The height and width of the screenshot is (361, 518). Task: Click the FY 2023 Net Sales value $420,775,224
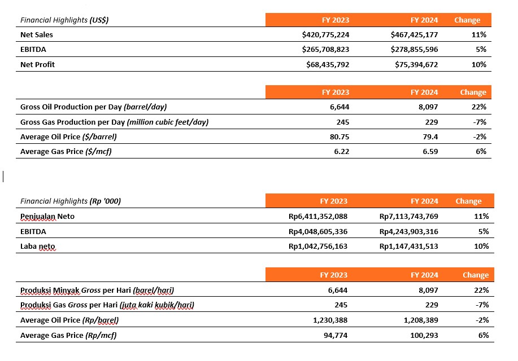point(325,34)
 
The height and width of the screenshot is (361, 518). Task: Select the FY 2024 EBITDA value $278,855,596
point(414,50)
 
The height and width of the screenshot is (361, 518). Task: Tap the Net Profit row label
point(37,64)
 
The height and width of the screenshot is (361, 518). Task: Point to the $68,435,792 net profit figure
point(328,64)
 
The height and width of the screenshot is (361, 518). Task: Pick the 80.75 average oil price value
point(339,137)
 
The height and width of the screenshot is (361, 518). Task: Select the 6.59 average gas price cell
point(430,152)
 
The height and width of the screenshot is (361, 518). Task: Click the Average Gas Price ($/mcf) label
point(66,152)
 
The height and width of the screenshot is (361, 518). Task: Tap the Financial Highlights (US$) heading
point(64,20)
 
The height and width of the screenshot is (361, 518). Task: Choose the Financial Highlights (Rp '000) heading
point(71,201)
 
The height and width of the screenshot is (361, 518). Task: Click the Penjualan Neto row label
point(47,217)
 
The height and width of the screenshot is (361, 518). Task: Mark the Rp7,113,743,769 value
point(408,217)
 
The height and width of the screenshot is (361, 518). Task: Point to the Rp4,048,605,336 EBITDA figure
point(318,232)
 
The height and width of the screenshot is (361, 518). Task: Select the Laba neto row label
point(38,246)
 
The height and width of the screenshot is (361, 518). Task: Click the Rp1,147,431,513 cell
point(408,246)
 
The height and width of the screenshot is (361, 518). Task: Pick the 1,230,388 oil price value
point(330,320)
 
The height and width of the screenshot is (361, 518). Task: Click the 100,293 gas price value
point(424,335)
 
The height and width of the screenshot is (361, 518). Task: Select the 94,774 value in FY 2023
point(336,335)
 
